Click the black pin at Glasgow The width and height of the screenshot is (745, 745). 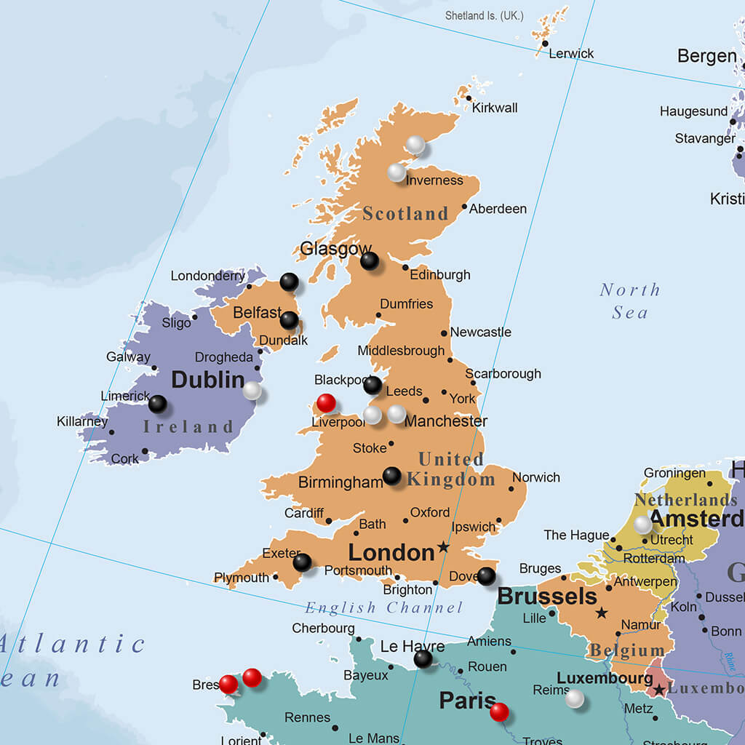[370, 260]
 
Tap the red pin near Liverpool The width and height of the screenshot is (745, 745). [326, 402]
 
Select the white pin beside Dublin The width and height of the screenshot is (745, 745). [252, 391]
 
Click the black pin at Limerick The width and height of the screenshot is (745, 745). [157, 404]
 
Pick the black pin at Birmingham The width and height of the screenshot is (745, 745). [391, 476]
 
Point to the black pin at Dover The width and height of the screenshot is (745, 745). [486, 576]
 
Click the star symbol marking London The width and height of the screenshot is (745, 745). [443, 546]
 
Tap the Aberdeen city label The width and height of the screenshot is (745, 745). [498, 209]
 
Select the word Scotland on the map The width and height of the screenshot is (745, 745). [405, 213]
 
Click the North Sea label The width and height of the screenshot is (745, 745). [629, 300]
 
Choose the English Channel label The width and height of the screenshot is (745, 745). [383, 607]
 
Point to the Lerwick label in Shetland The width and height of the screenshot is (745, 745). [571, 53]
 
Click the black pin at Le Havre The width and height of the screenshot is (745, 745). [423, 659]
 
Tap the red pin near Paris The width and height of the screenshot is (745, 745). [499, 712]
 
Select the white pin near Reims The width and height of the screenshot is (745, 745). [575, 699]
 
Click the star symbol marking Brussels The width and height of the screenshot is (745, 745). [602, 613]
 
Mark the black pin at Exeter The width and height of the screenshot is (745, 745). [302, 562]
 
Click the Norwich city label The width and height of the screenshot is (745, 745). [536, 477]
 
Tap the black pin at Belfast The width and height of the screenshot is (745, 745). [289, 320]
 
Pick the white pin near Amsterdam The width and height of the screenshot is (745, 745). [642, 525]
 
